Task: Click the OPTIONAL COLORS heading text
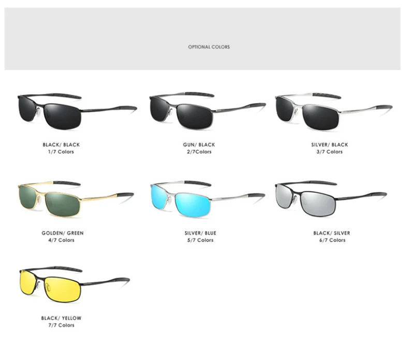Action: click(209, 47)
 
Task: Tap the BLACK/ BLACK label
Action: click(61, 145)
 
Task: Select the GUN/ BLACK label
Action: click(199, 145)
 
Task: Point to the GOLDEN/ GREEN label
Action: click(63, 233)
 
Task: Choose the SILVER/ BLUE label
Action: click(200, 233)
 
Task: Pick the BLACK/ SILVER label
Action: click(331, 233)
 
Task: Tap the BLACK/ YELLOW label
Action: click(61, 318)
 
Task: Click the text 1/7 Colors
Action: click(61, 152)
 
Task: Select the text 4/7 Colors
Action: click(63, 240)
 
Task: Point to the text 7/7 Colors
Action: click(61, 325)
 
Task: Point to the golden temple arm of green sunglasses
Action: click(104, 197)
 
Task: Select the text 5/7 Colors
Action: click(200, 240)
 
